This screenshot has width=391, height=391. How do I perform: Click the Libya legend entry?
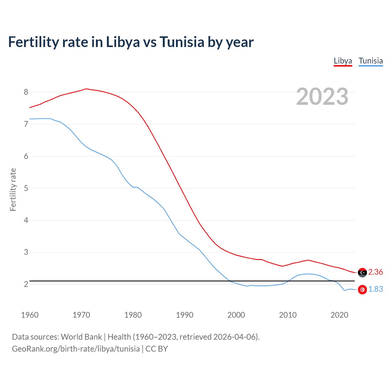coord(343,61)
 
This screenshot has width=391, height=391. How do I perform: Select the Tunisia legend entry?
coord(371,61)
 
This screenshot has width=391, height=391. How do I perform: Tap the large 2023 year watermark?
coord(322,97)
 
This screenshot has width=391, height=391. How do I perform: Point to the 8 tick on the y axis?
coord(26,92)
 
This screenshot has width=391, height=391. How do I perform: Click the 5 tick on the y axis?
coord(26,188)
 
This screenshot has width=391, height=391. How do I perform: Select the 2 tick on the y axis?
coord(26,284)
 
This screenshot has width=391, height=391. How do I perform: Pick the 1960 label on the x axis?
coord(30,315)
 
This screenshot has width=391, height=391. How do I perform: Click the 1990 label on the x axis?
coord(185,315)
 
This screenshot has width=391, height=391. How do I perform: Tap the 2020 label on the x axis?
coord(339,315)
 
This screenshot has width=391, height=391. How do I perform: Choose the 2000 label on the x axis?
coord(236,315)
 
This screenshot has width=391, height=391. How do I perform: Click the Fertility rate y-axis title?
coord(13,189)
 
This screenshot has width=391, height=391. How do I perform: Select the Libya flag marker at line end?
coord(362,272)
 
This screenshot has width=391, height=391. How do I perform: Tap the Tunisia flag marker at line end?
coord(362,289)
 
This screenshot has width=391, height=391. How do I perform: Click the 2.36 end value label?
coord(375,272)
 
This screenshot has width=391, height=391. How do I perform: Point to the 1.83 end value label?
coord(375,289)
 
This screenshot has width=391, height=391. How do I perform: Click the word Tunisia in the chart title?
coord(182,42)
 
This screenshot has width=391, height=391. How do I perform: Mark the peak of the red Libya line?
coord(86,89)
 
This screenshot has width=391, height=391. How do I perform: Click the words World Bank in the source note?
coord(81,337)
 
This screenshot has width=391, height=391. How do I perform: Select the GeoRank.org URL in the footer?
coord(76,349)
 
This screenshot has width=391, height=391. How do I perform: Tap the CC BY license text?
coord(157,349)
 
